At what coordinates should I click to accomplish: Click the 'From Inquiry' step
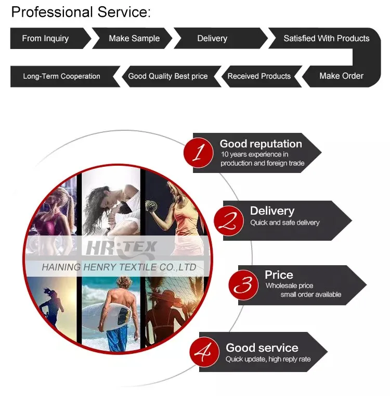[45, 39]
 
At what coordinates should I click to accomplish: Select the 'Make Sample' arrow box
[134, 39]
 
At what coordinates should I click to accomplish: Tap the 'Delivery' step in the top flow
[212, 39]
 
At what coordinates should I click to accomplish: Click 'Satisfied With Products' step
[326, 39]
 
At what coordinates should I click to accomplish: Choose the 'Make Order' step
[341, 76]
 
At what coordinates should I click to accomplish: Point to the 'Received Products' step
[259, 76]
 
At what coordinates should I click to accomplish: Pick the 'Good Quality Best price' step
[167, 76]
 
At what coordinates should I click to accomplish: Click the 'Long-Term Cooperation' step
[61, 76]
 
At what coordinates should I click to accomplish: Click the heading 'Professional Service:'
[81, 12]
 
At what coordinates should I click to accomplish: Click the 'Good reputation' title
[261, 144]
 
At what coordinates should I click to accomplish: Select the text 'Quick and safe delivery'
[284, 222]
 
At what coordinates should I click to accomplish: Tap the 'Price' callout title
[279, 275]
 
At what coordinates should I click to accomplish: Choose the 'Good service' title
[262, 348]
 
